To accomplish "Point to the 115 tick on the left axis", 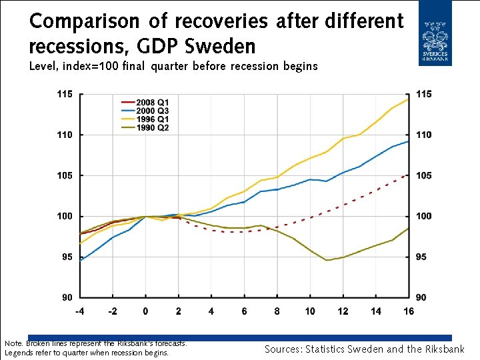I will (64, 94).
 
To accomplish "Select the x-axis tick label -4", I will (80, 311).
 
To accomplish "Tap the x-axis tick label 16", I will (408, 311).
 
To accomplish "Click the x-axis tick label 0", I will (146, 311).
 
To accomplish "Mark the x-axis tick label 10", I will (310, 311).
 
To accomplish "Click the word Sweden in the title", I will (224, 47).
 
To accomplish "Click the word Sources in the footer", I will (283, 349).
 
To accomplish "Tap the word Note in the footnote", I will (13, 343).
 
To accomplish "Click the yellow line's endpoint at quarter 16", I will (408, 99).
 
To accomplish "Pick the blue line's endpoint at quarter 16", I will (408, 141).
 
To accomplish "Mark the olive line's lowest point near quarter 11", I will (327, 260).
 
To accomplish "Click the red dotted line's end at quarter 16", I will (408, 174).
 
